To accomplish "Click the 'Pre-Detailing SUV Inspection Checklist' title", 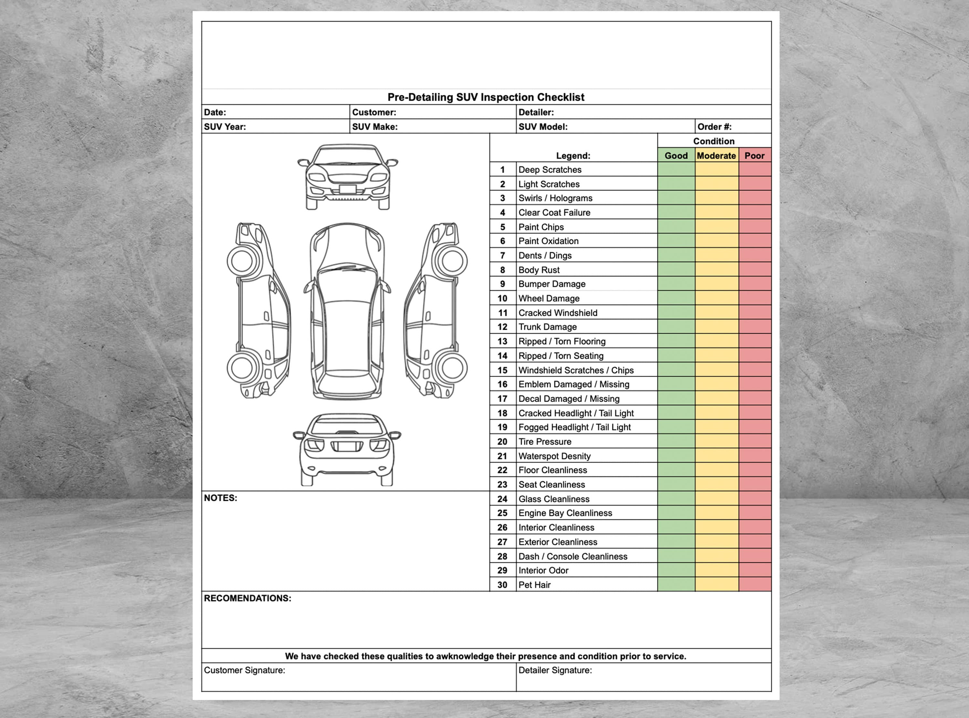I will [486, 97].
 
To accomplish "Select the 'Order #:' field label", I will [714, 126].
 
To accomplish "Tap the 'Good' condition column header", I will [676, 156].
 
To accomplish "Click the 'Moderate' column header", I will [716, 156].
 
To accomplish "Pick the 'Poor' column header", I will [754, 156].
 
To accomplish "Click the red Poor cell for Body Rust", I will [755, 269].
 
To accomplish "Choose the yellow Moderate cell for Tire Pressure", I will [716, 441].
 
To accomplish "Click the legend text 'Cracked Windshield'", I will [557, 312].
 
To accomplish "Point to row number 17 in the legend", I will [502, 399].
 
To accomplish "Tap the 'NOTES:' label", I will [221, 498].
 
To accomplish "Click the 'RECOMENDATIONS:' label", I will [247, 598].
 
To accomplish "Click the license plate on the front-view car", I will [348, 189].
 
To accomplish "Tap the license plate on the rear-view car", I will [347, 446].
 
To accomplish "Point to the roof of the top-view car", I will [347, 335].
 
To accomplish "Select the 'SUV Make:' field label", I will [374, 126].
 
